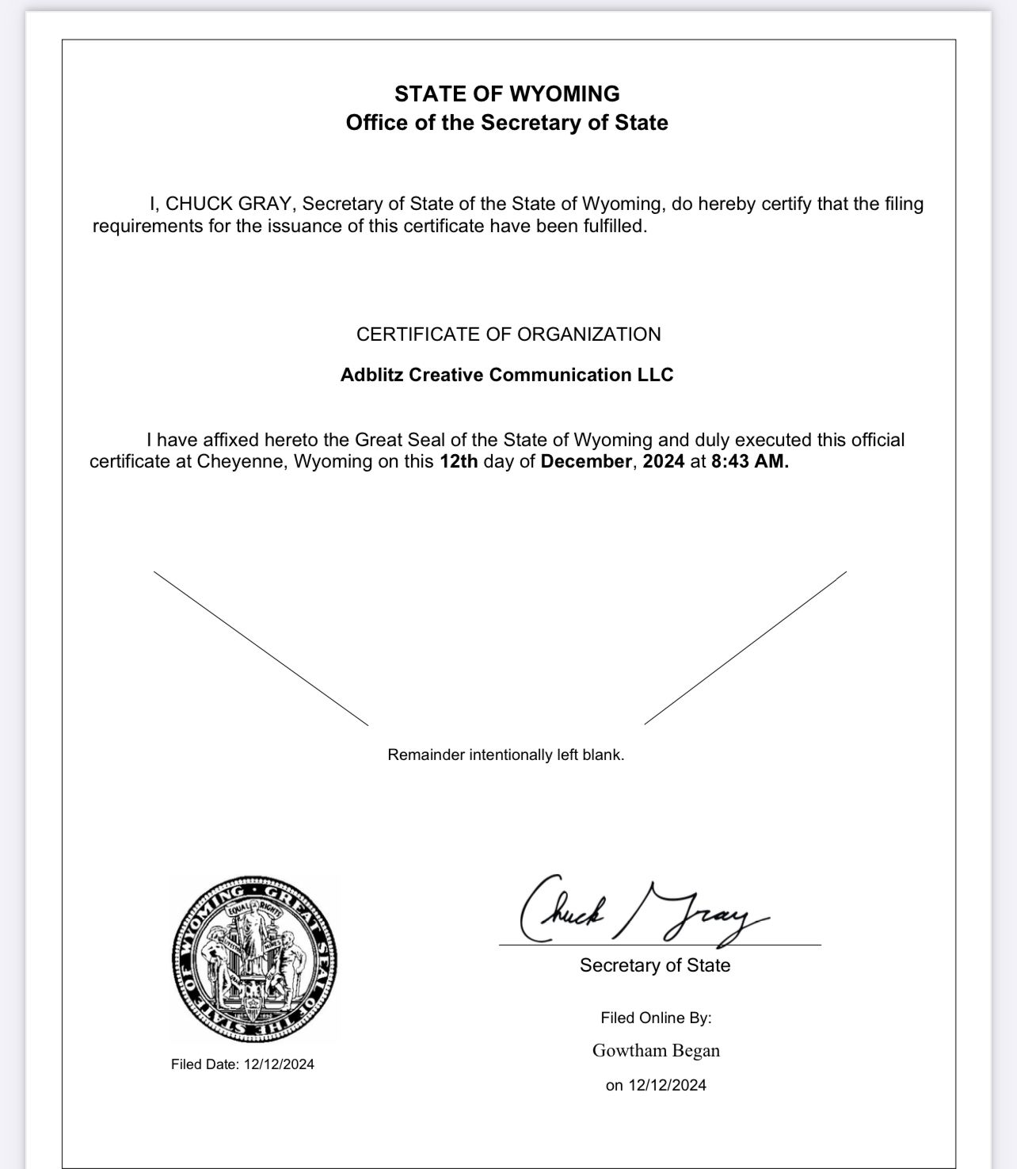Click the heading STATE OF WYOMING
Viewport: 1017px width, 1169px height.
tap(507, 94)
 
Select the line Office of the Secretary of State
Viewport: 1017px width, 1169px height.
tap(507, 123)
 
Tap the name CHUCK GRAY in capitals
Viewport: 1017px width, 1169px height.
tap(228, 204)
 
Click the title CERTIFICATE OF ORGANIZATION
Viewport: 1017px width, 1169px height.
tap(508, 334)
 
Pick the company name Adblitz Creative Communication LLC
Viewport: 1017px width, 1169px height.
tap(507, 375)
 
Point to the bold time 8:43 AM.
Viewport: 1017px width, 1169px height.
tap(749, 462)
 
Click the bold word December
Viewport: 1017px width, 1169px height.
tap(586, 462)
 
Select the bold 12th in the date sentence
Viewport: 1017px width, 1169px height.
tap(459, 462)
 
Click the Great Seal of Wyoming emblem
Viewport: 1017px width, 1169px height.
tap(254, 958)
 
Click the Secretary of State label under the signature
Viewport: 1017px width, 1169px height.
tap(655, 965)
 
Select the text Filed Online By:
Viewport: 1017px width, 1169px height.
tap(656, 1018)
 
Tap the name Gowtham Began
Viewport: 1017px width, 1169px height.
tap(656, 1051)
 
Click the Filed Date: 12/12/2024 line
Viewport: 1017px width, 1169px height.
tap(242, 1064)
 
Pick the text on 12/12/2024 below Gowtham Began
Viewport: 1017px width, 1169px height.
tap(656, 1086)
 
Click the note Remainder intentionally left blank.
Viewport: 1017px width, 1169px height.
tap(506, 755)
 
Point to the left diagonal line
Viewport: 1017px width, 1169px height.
tap(261, 648)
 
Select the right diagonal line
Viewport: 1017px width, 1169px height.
tap(745, 648)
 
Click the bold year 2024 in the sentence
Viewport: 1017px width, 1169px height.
tap(663, 462)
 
